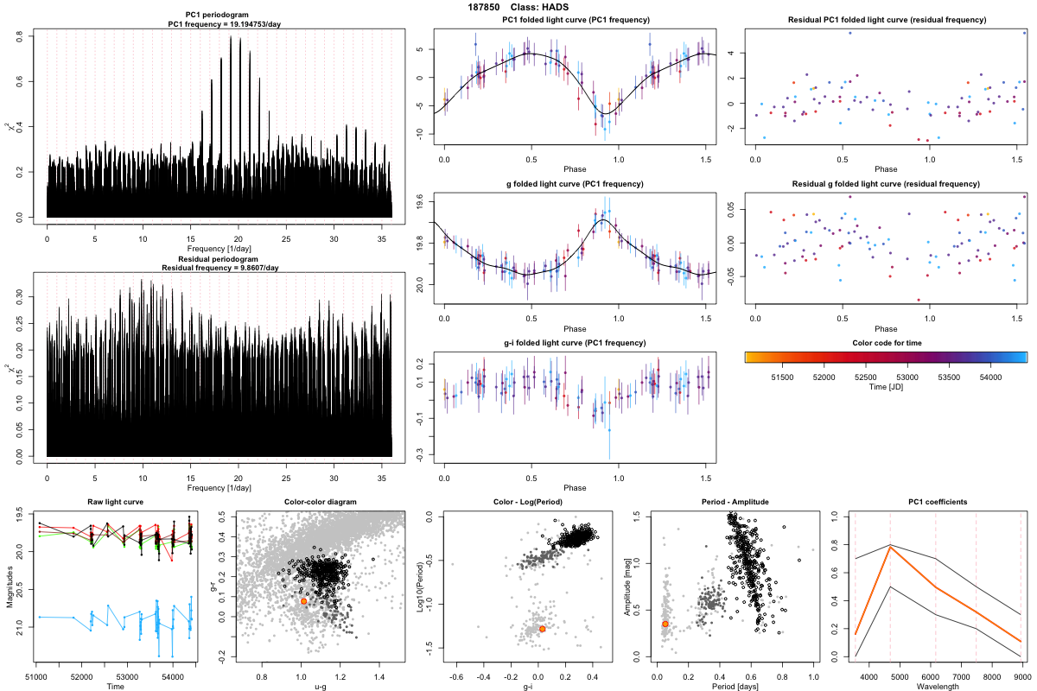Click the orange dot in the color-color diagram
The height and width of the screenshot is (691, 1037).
tap(304, 600)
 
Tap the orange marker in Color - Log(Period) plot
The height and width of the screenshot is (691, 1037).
tap(542, 629)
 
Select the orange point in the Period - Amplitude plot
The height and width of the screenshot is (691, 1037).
tap(665, 624)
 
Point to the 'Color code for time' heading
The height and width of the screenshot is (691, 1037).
tap(886, 343)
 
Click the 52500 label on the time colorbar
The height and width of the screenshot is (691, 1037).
tap(865, 377)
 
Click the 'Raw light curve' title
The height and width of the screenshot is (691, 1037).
tap(115, 502)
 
